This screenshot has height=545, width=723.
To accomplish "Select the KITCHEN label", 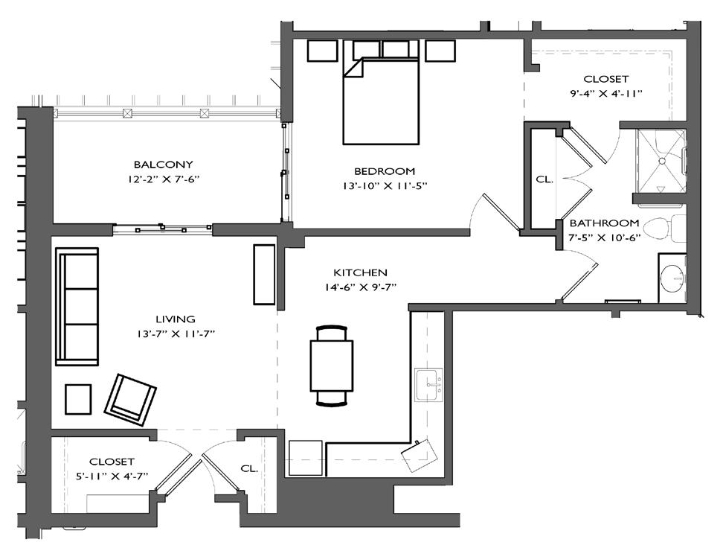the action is (x=360, y=272).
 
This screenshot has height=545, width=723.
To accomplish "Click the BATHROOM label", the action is (x=604, y=223).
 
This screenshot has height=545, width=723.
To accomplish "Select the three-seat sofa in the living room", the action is (x=77, y=306).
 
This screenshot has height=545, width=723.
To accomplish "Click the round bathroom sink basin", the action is (x=673, y=278).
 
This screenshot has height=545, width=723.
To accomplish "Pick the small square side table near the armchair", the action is (x=78, y=398).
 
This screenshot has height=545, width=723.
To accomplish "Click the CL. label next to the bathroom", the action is (x=544, y=179).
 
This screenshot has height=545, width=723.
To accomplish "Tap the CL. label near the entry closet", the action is (x=249, y=468).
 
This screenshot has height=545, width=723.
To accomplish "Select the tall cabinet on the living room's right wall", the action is (x=264, y=274).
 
